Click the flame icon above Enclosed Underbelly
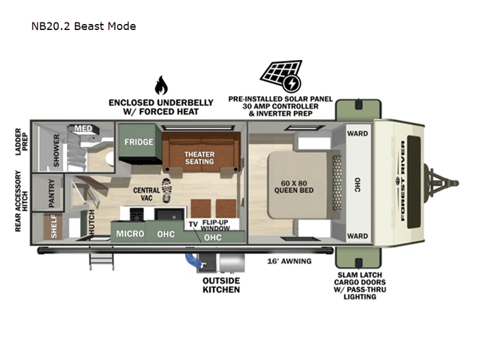[x=161, y=85]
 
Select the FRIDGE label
[x=139, y=142]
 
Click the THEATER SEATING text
[x=199, y=158]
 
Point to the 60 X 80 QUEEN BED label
[x=294, y=187]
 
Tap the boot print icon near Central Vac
[x=166, y=190]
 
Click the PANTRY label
[x=52, y=193]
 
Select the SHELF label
[x=54, y=226]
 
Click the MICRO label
[x=130, y=234]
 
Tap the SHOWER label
[x=56, y=150]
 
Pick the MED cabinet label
[x=83, y=128]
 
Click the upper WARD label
[x=358, y=133]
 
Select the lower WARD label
[x=358, y=236]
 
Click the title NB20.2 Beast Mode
[x=83, y=26]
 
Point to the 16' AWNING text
[x=289, y=261]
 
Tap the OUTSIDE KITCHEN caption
[x=221, y=285]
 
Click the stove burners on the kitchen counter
[x=136, y=214]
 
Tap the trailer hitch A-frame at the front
[x=441, y=183]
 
